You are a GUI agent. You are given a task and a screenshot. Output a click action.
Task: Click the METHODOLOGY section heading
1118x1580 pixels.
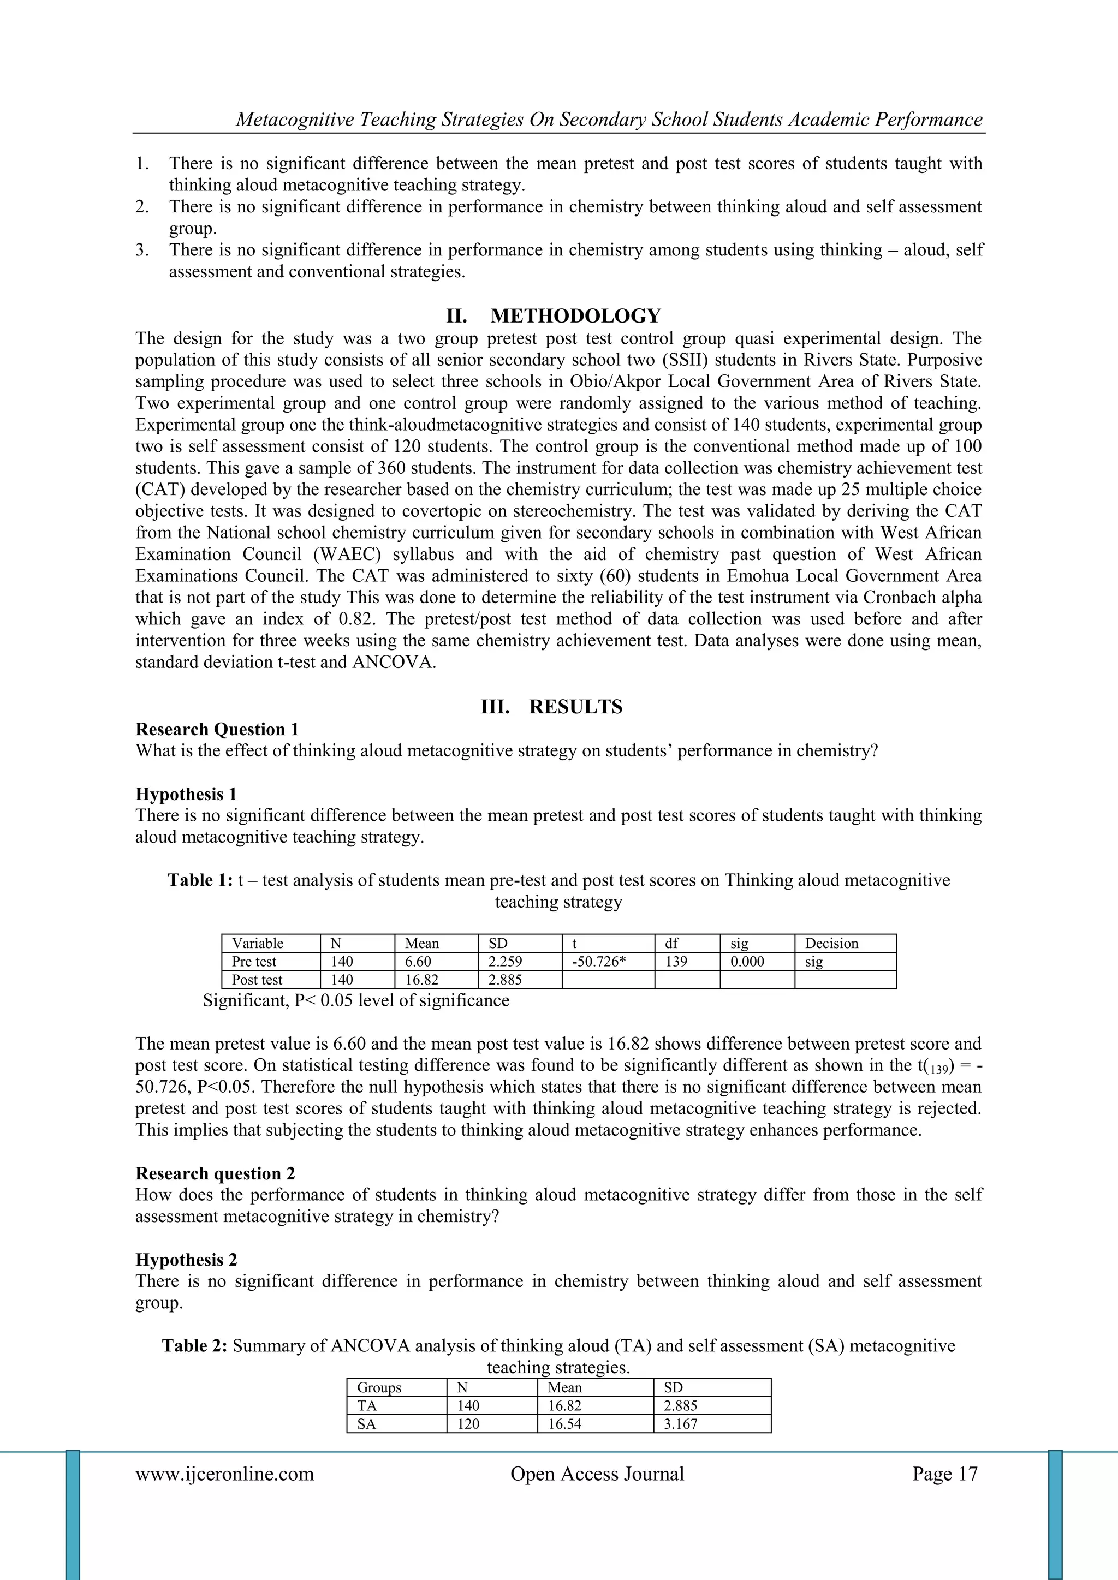(575, 316)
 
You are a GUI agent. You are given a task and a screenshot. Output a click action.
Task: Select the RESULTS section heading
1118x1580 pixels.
(575, 707)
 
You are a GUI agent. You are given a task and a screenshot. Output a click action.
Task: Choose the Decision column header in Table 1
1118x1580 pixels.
(831, 944)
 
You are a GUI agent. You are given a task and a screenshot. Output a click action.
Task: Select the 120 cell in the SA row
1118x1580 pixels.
(468, 1424)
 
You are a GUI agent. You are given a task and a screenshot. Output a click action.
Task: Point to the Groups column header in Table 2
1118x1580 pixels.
(379, 1388)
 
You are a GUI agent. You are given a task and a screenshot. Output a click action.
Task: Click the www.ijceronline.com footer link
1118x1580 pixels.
(224, 1474)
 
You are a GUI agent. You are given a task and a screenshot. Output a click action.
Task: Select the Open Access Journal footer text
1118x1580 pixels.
(597, 1474)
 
